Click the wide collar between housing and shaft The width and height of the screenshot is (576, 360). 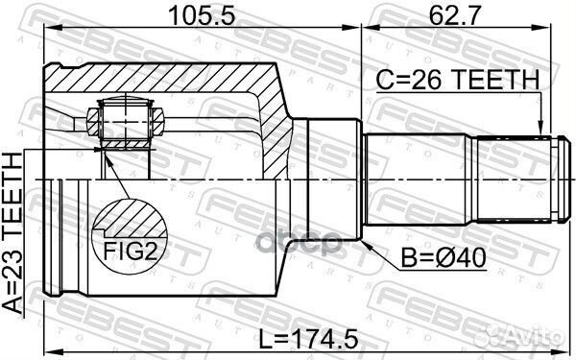click(326, 180)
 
